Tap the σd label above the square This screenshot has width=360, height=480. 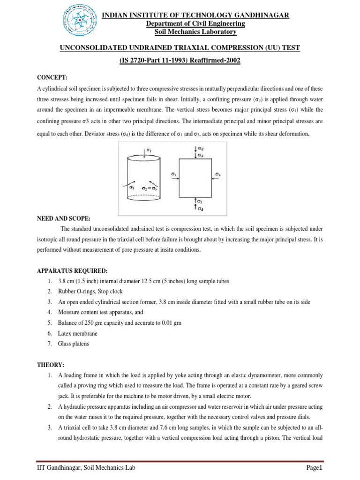tap(201, 149)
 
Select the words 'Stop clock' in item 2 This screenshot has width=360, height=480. tap(105, 292)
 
